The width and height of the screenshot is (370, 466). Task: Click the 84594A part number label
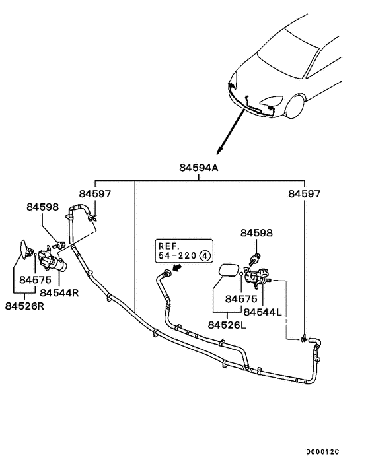(199, 168)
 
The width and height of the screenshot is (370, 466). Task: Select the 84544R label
(59, 292)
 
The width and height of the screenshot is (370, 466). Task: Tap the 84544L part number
(262, 311)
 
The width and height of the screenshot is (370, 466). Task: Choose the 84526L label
(227, 325)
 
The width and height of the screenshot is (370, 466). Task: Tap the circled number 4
(205, 255)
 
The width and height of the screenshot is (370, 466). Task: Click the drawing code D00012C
(322, 452)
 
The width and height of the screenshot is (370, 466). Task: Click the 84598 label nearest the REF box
(256, 233)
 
